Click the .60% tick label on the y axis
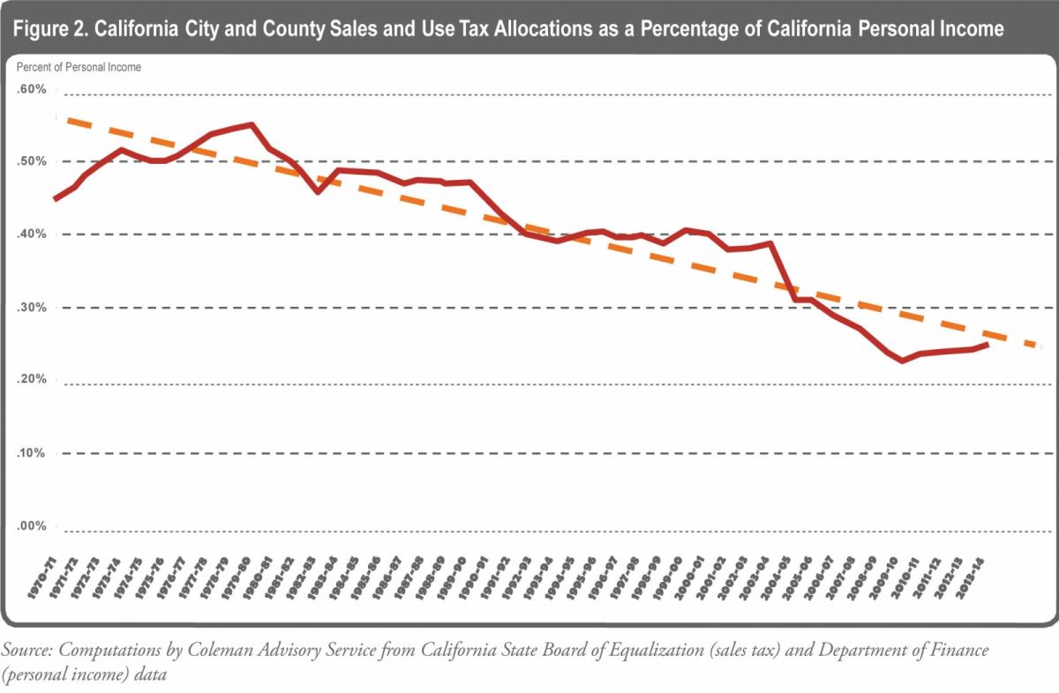[x=31, y=89]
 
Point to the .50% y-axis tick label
[x=31, y=161]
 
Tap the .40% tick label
[x=31, y=235]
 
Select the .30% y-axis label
[x=31, y=308]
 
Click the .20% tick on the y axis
[x=31, y=380]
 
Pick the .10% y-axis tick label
[x=31, y=453]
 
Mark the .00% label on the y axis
[x=31, y=526]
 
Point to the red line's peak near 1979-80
[x=252, y=124]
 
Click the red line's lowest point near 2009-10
[x=902, y=361]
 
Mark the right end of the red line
[x=988, y=344]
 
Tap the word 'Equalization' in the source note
[x=602, y=651]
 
